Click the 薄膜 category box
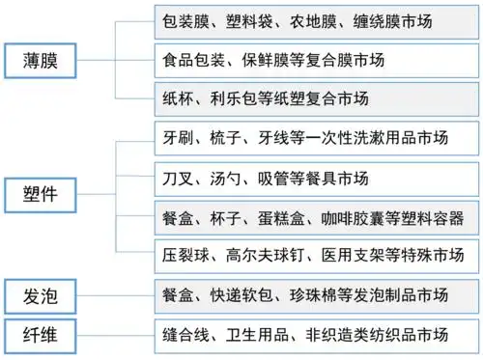coord(42,59)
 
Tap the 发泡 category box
coord(42,294)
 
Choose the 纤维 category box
coord(42,335)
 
